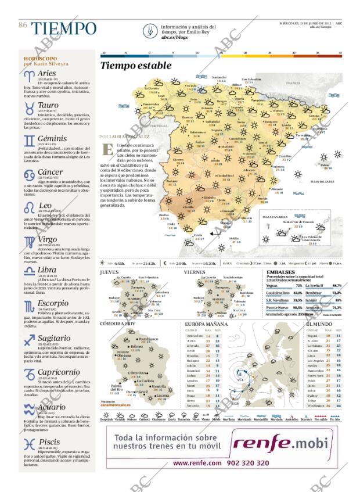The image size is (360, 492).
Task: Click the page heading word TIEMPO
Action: (x=64, y=28)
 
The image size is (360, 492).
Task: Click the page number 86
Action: (x=23, y=24)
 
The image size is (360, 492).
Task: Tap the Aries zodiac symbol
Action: (x=28, y=75)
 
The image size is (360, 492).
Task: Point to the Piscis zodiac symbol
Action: (x=28, y=444)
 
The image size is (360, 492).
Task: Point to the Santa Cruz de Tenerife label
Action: (x=282, y=221)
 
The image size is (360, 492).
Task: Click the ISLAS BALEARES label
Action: (x=322, y=182)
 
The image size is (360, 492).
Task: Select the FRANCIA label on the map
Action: (x=293, y=83)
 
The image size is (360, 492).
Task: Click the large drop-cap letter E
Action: (x=107, y=148)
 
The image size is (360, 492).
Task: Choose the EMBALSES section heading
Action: (x=280, y=272)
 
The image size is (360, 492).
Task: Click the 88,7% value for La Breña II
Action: (x=336, y=286)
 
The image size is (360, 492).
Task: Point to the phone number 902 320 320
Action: (x=247, y=464)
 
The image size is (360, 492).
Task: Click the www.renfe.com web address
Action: (x=197, y=464)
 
